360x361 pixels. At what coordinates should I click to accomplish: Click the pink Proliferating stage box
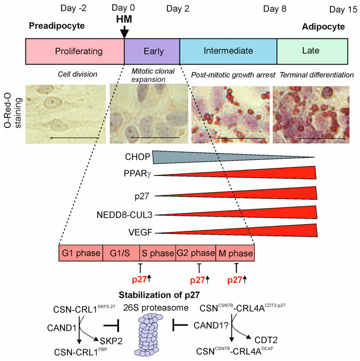pos(74,51)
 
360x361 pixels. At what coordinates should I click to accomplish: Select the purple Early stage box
pos(152,51)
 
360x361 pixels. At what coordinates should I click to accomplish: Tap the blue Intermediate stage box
pos(228,51)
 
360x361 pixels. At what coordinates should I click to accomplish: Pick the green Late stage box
pos(312,51)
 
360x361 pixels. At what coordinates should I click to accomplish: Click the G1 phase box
pos(81,253)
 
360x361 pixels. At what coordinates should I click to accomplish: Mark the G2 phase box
pos(195,253)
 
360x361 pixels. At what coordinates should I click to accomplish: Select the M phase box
pos(235,253)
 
